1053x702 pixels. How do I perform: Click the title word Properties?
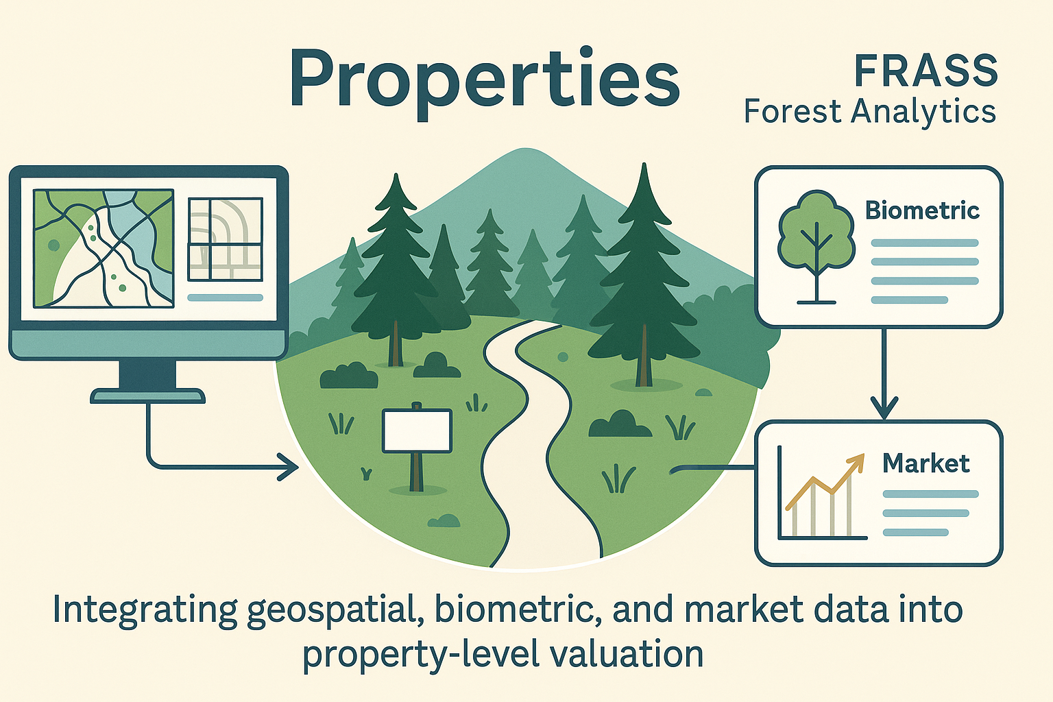tap(484, 78)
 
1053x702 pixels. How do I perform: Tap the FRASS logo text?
tap(925, 71)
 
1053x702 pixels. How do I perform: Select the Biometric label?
tap(922, 210)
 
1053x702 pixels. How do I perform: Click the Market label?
tap(925, 463)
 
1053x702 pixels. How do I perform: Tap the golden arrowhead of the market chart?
tap(855, 463)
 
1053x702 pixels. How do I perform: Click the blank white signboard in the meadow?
tap(417, 431)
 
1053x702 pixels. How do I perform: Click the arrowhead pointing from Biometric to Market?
tap(884, 409)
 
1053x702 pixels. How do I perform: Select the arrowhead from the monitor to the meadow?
tap(291, 468)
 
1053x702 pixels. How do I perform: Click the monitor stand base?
tap(147, 396)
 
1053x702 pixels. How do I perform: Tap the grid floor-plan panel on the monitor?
tap(225, 239)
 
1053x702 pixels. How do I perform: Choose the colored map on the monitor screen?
tap(103, 248)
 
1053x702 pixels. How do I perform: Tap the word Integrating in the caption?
tap(145, 610)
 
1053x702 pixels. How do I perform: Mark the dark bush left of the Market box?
tap(619, 424)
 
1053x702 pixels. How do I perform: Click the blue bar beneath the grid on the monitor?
tap(225, 298)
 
